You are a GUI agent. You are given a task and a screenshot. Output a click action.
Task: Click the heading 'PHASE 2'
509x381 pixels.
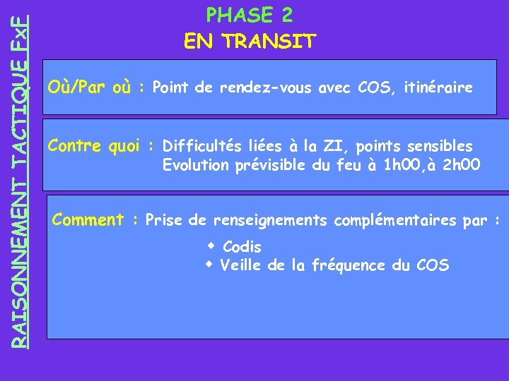pos(249,15)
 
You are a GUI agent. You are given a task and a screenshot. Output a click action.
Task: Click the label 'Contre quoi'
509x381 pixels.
pos(97,146)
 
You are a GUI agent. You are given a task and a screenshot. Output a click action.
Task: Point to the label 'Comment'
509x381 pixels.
pos(88,220)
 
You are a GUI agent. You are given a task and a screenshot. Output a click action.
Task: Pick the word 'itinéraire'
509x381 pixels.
pos(438,88)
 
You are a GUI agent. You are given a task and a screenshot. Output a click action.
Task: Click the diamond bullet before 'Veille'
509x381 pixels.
pos(209,265)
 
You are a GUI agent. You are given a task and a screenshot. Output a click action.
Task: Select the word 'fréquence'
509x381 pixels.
pos(349,266)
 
